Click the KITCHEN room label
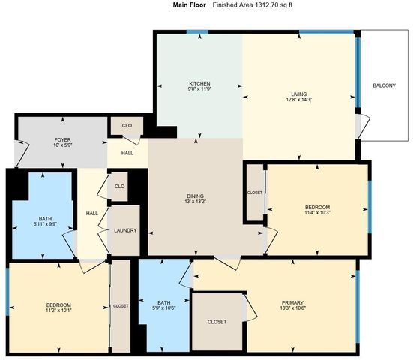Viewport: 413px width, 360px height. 199,82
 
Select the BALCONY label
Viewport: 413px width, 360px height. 384,85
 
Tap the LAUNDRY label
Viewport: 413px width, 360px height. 125,230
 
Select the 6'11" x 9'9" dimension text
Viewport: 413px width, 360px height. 46,223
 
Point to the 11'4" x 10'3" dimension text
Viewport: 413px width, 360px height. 316,213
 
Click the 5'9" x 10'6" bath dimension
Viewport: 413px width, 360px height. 163,308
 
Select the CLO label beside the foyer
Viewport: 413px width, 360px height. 127,125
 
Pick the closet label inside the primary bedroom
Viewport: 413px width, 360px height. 217,321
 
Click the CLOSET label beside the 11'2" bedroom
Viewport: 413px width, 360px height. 121,306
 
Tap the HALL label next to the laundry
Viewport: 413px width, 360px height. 92,214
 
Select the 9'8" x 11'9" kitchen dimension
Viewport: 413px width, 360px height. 199,88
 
